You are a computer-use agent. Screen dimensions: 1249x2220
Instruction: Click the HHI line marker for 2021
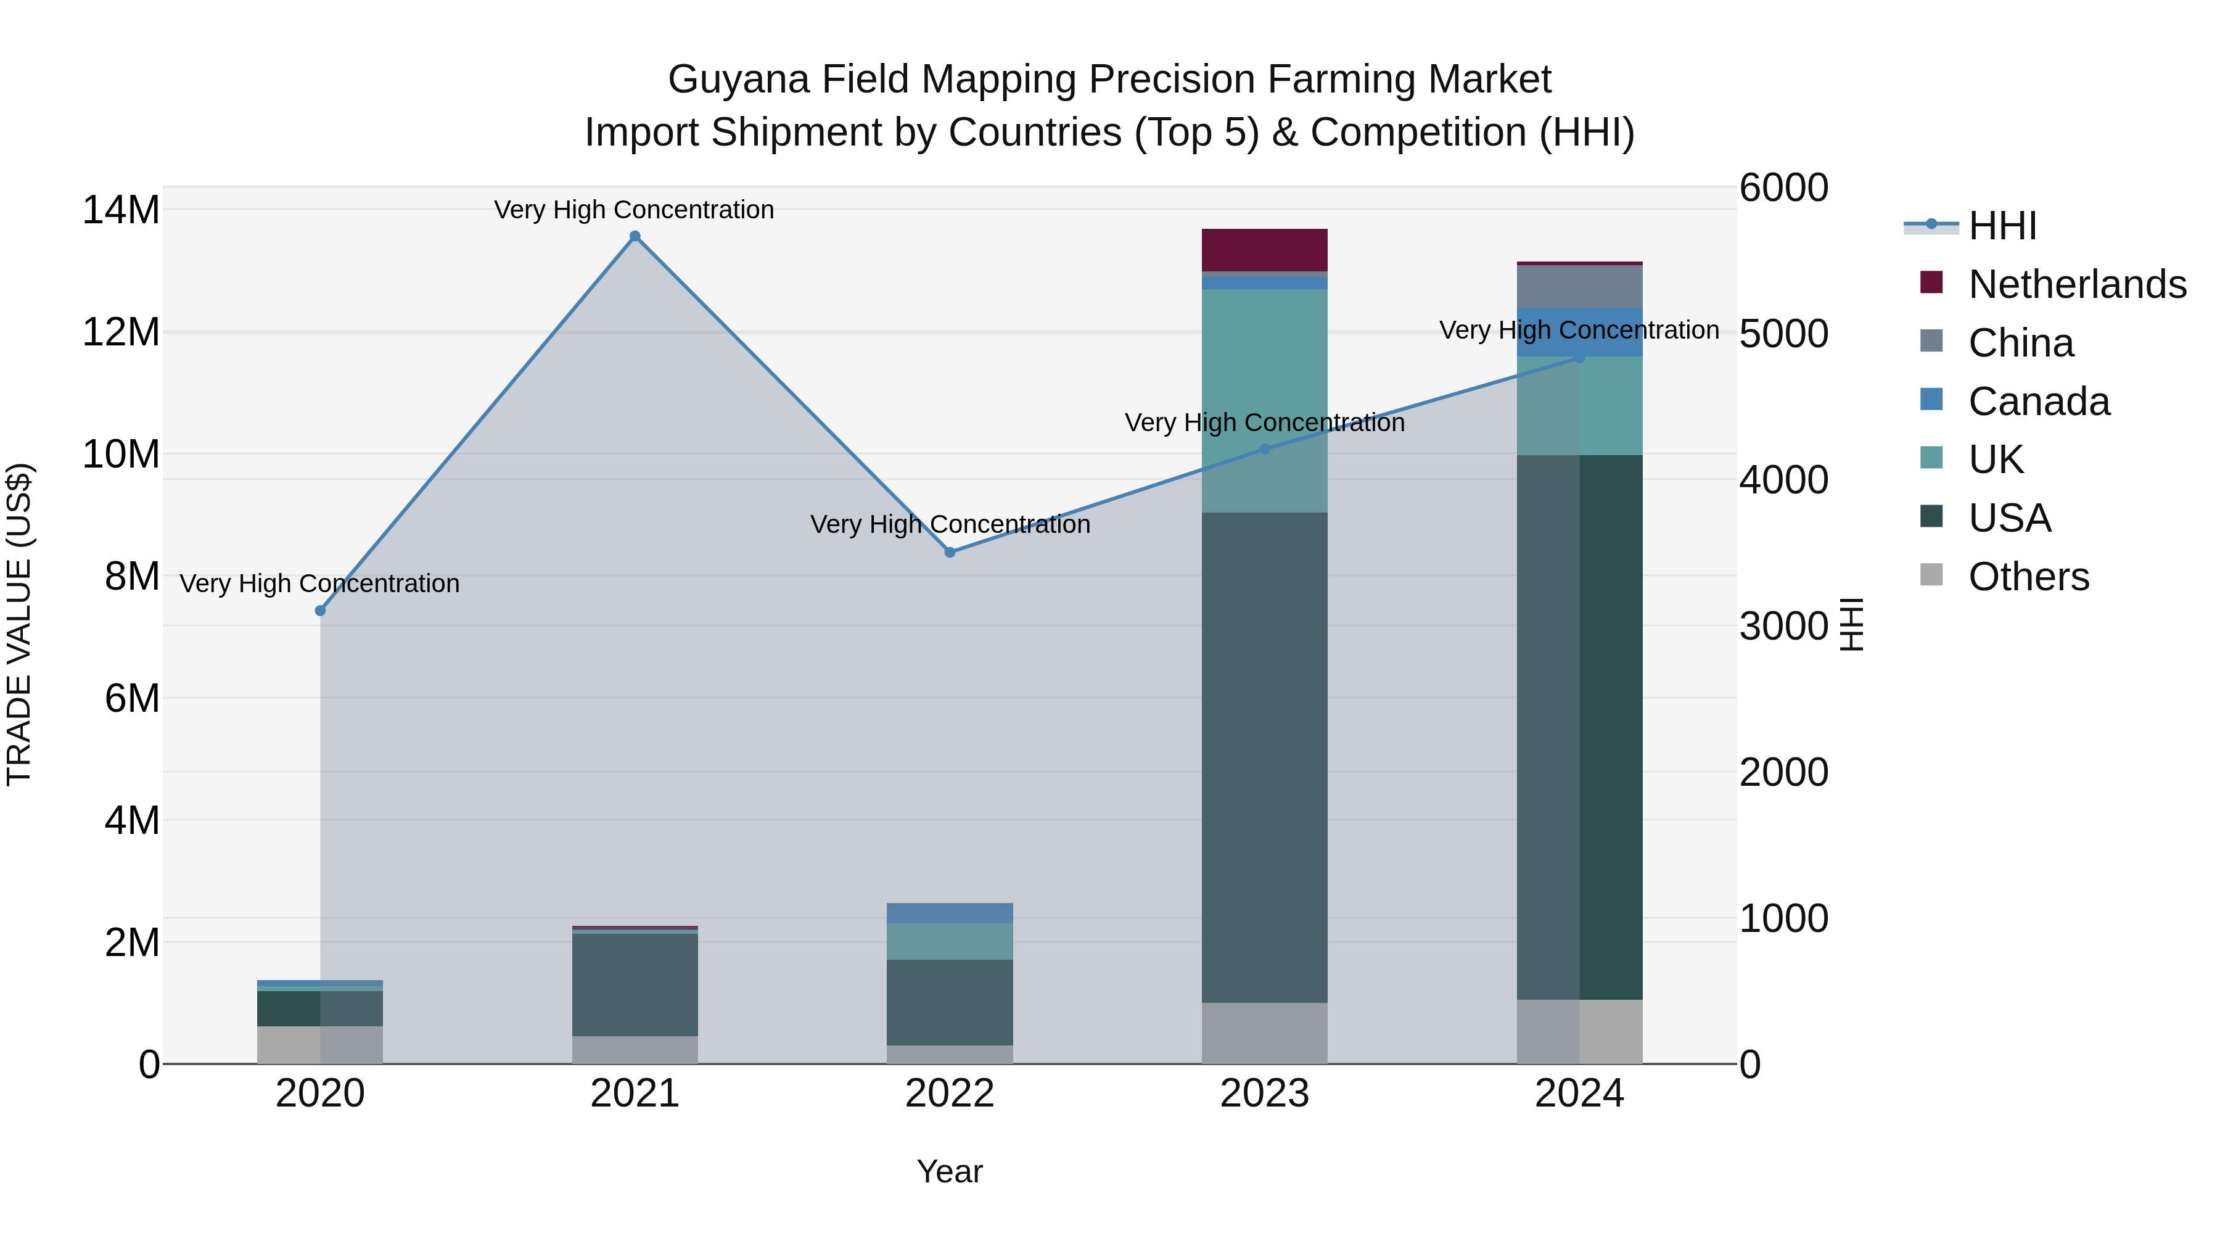[x=635, y=236]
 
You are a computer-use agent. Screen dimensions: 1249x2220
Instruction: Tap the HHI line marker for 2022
[x=950, y=553]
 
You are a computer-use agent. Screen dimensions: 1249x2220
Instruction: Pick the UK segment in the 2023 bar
[x=1264, y=401]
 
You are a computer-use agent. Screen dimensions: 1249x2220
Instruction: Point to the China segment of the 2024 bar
[x=1580, y=286]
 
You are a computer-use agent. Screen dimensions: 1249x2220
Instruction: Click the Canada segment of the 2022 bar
[x=950, y=913]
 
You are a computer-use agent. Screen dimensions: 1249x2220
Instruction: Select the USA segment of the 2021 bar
[x=635, y=984]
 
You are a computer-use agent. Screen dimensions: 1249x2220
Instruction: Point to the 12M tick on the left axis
[x=121, y=332]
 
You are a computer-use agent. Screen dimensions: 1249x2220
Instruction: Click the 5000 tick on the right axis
[x=1783, y=334]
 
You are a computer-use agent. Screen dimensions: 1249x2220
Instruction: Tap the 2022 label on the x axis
[x=950, y=1094]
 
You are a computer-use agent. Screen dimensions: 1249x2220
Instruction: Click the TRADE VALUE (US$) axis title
[x=19, y=624]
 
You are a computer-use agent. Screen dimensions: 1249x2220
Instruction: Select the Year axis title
[x=950, y=1171]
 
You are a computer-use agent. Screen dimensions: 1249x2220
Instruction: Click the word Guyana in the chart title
[x=739, y=80]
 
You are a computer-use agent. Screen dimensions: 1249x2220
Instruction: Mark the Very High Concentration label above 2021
[x=635, y=210]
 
